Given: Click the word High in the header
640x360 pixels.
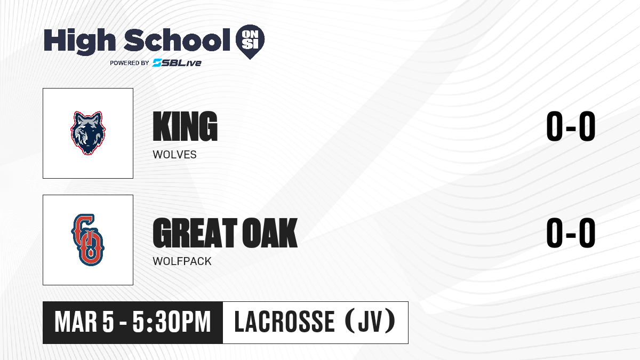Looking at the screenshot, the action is point(79,41).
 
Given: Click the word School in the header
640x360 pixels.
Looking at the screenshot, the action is point(177,40).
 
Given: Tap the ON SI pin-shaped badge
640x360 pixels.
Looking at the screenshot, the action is point(250,42).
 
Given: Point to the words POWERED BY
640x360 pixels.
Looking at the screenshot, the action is point(130,63).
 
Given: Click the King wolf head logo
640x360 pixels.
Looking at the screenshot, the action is point(88,133).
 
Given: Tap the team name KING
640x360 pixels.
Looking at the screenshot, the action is point(185,126).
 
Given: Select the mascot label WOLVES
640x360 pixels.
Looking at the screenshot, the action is point(174,155).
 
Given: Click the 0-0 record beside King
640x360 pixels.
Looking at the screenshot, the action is point(571,126).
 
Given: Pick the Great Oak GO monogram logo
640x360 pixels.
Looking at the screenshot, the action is point(88,240).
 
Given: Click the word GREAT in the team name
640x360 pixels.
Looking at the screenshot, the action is point(195,233).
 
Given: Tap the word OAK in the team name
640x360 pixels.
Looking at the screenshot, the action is point(270,233).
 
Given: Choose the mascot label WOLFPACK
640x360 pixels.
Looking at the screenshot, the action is point(182,261).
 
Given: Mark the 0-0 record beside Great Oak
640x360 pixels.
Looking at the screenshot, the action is point(571,233).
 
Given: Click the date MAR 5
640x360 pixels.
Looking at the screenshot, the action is point(85,322).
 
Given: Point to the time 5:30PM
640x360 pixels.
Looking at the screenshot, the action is point(172,322).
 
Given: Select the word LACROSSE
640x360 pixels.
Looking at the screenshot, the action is point(285,322).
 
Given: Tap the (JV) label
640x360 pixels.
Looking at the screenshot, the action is point(370,322).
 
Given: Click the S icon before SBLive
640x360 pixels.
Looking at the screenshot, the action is point(157,63).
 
